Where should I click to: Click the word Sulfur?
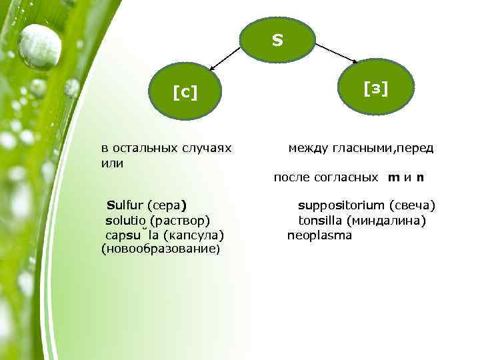coord(125,204)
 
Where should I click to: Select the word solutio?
coord(126,220)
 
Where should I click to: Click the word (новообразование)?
coord(159,249)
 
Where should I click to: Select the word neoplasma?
coord(319,235)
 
